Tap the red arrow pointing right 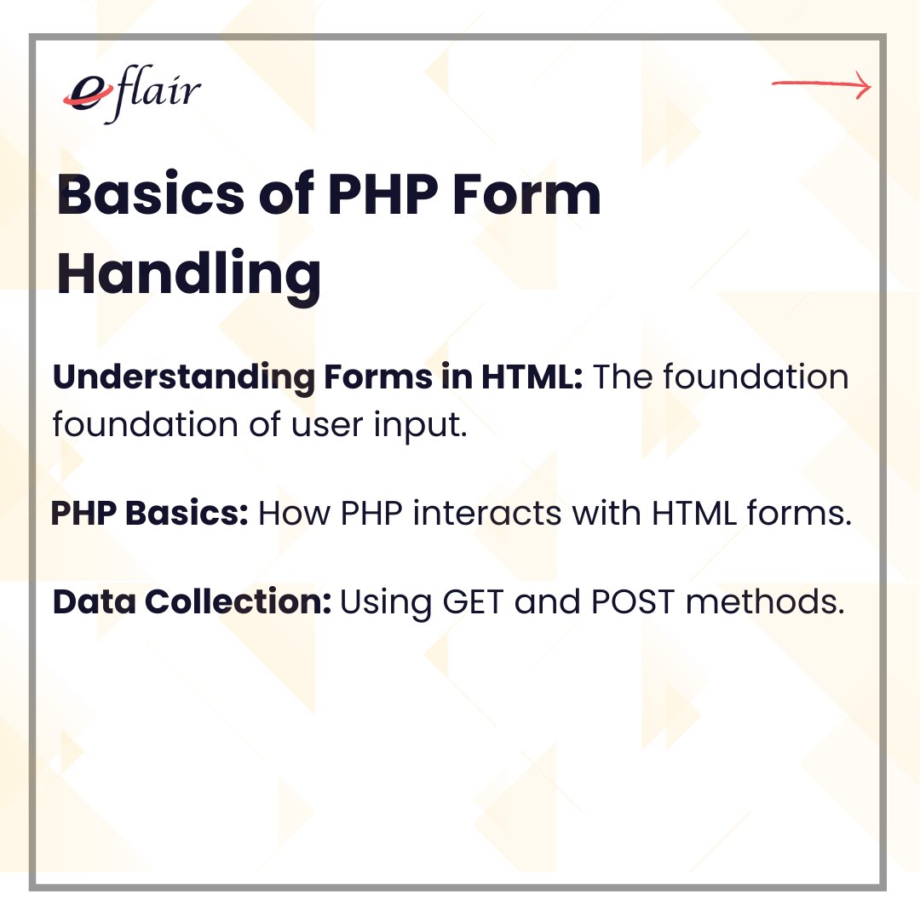(821, 85)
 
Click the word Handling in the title (189, 275)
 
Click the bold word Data (95, 602)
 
